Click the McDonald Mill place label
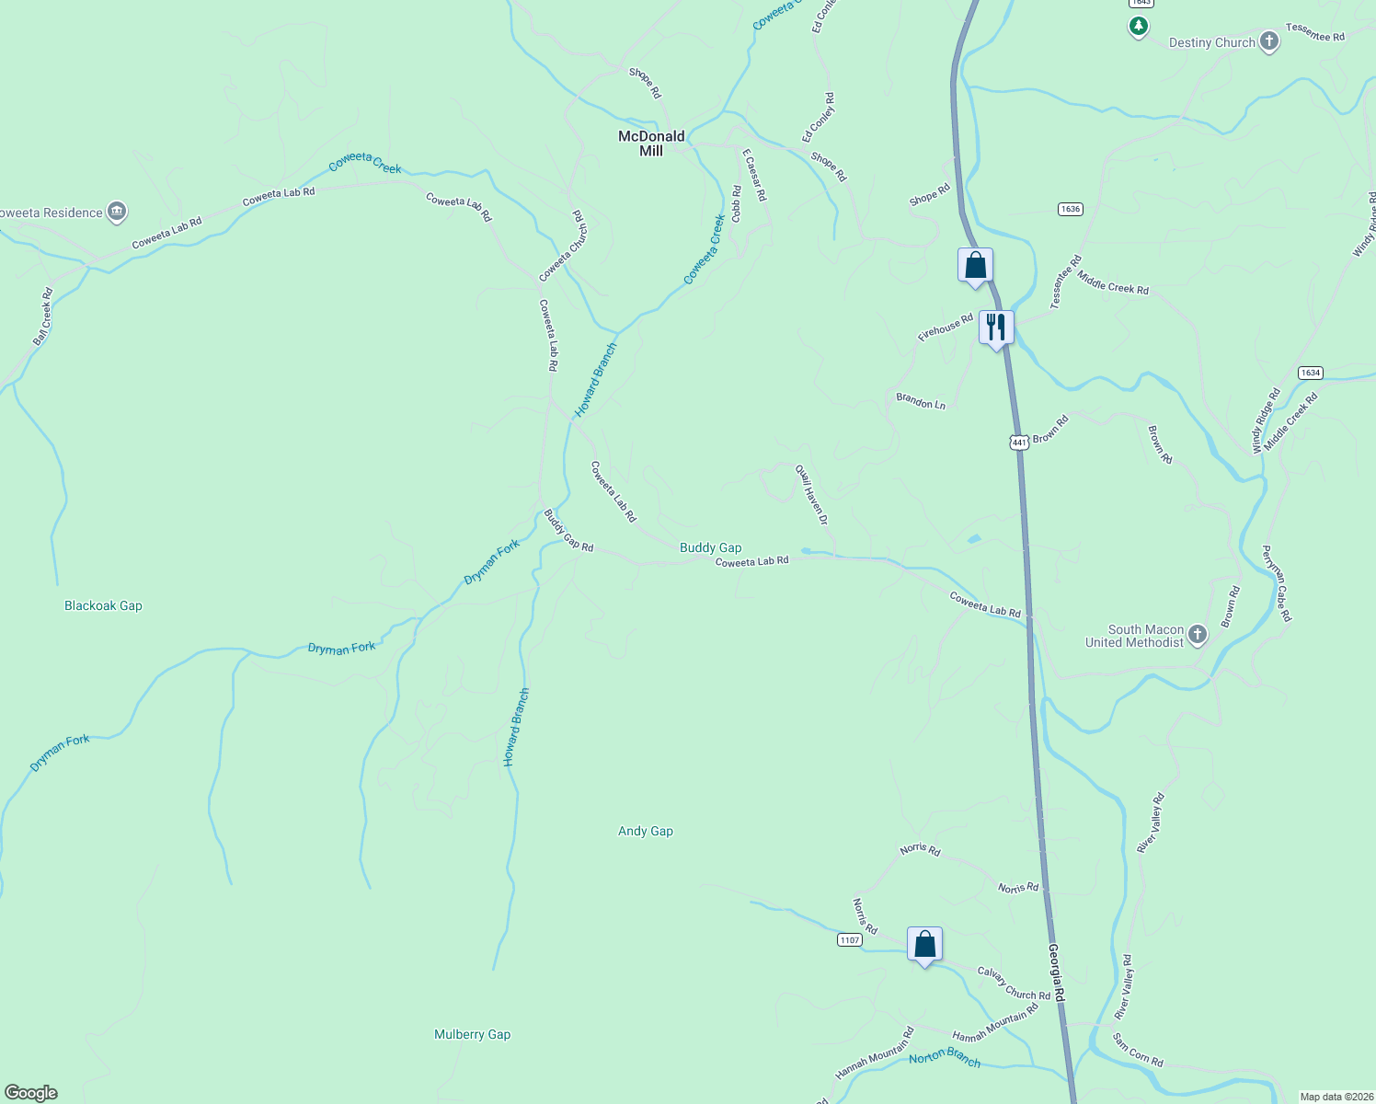(651, 144)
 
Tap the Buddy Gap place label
(710, 547)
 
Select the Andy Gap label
(646, 831)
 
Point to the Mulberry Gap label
(472, 1034)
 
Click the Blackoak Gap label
(103, 605)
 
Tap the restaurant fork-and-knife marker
(996, 328)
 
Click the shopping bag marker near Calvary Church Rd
(924, 945)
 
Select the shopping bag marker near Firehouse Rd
(975, 266)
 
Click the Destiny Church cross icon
(1269, 41)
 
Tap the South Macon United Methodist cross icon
(1198, 635)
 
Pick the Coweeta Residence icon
(117, 213)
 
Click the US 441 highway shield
(1018, 443)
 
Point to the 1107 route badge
(850, 939)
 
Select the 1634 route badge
(1311, 373)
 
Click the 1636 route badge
(1070, 209)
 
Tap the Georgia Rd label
(1057, 973)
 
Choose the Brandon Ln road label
(921, 402)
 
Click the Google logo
(31, 1092)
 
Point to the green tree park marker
(1139, 26)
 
